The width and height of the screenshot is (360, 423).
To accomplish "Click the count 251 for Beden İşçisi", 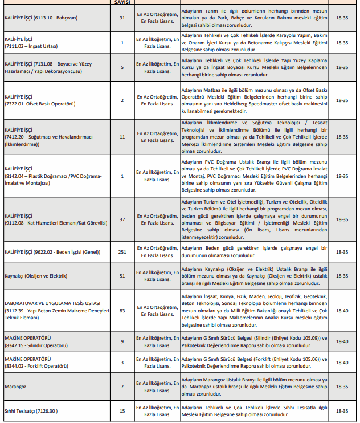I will pos(122,251).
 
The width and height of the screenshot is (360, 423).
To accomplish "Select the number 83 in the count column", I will pos(122,310).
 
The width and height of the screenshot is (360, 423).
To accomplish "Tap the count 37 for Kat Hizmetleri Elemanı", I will pos(122,219).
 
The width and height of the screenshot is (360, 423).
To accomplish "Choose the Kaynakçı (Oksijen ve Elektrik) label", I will pos(36,276).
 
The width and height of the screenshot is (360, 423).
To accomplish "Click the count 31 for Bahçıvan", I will pos(122,18).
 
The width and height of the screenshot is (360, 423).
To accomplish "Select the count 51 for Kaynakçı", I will pos(122,276).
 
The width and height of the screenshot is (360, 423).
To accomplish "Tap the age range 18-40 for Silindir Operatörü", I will pos(342,341).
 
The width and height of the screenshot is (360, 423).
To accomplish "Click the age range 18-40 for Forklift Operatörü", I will pos(342,363).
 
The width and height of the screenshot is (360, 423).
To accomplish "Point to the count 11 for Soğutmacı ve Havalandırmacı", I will pos(122,137).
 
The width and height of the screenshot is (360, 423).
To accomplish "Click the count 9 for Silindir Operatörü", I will pos(122,341).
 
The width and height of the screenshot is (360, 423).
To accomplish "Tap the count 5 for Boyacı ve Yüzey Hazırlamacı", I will pos(122,67).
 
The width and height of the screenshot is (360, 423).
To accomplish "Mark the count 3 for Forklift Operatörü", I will pos(122,363).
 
